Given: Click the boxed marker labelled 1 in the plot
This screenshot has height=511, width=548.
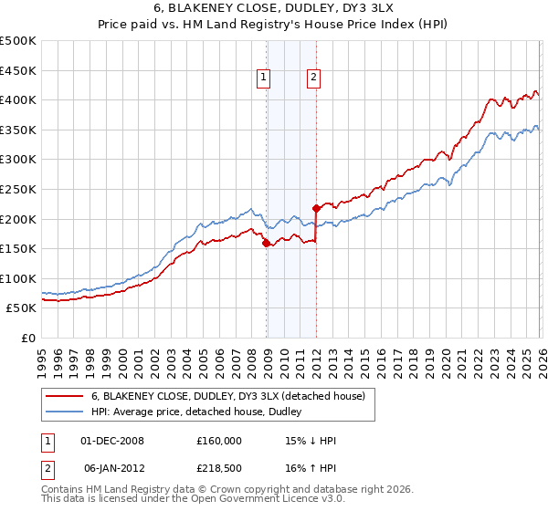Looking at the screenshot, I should point(263,78).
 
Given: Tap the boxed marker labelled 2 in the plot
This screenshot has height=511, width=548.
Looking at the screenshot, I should point(313,78).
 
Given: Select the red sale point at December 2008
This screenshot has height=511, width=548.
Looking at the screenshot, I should point(266,243).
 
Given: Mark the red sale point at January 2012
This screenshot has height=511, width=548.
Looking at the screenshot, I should point(316,208).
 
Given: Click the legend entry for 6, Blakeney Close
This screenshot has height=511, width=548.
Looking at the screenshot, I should point(227,396).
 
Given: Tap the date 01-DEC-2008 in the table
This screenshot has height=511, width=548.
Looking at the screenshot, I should point(113,440).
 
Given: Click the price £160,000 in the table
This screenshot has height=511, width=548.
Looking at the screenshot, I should point(219,440).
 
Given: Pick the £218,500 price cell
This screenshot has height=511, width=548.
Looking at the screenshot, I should point(219,470).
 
